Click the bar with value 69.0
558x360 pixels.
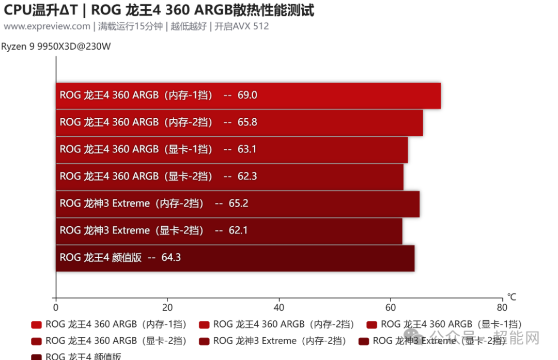coord(248,96)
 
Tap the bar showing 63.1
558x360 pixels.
coord(232,149)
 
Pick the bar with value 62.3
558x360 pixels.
coord(229,177)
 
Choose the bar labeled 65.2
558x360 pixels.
coord(238,204)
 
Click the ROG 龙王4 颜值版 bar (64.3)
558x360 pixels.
coord(235,258)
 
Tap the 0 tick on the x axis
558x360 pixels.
coord(56,307)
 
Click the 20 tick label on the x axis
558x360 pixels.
coord(167,307)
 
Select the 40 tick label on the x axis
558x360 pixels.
coord(279,307)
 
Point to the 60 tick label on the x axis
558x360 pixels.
coord(391,307)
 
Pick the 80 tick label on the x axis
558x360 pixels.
coord(502,307)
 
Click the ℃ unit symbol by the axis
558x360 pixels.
coord(512,298)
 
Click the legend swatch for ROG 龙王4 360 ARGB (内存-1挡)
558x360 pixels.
coord(36,325)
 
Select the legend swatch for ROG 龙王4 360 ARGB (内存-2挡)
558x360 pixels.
coord(204,325)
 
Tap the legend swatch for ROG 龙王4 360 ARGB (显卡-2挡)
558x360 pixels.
coord(36,341)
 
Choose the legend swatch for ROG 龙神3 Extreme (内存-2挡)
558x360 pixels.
coord(204,341)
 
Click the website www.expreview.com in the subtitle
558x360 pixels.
coord(47,26)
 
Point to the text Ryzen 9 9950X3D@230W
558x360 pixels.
coord(56,46)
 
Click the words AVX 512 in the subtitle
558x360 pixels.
coord(251,26)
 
